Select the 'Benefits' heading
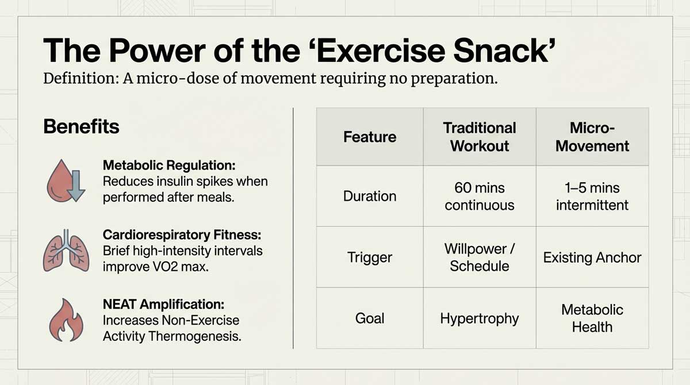tap(81, 126)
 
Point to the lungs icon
tap(65, 252)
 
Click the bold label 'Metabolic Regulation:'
tap(169, 165)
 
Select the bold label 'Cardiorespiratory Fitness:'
tap(182, 235)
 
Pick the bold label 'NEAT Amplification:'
tap(163, 305)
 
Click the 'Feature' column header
tap(370, 137)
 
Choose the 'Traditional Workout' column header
tap(480, 137)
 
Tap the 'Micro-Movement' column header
tap(592, 137)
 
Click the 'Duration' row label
tap(370, 196)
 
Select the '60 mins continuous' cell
tap(480, 196)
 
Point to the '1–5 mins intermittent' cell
tap(592, 196)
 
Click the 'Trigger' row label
tap(370, 257)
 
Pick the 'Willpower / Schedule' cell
tap(480, 257)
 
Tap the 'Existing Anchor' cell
tap(592, 257)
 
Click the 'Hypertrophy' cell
tap(480, 318)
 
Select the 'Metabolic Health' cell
tap(592, 318)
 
